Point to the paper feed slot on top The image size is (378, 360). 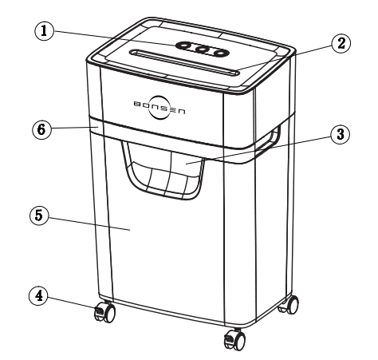pyautogui.click(x=187, y=64)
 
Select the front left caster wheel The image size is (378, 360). pyautogui.click(x=103, y=312)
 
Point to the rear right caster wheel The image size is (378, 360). pyautogui.click(x=292, y=304)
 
